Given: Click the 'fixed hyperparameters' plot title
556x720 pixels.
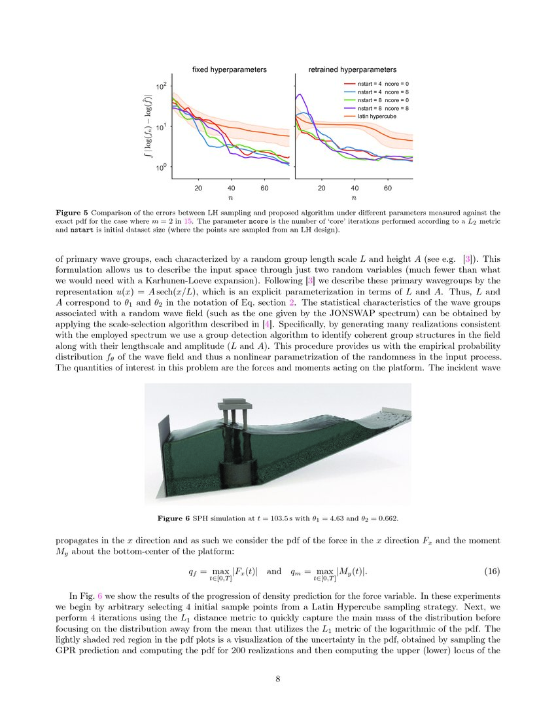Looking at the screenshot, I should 229,69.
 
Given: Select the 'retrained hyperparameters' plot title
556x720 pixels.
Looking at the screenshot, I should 353,69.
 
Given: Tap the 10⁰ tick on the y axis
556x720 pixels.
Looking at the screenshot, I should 160,168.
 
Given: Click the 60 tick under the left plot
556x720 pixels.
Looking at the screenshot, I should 264,188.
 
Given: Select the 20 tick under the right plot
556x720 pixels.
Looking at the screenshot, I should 321,188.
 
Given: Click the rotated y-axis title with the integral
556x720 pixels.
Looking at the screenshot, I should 148,127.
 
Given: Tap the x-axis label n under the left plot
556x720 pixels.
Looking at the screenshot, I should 230,197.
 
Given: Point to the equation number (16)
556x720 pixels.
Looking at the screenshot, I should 492,571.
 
